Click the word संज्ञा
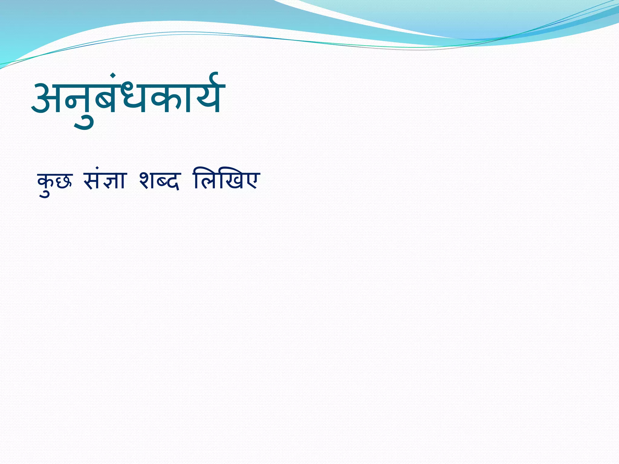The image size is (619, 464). pyautogui.click(x=104, y=181)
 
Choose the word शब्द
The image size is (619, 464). pyautogui.click(x=159, y=181)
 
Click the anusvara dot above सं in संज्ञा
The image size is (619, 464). pyautogui.click(x=97, y=168)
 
